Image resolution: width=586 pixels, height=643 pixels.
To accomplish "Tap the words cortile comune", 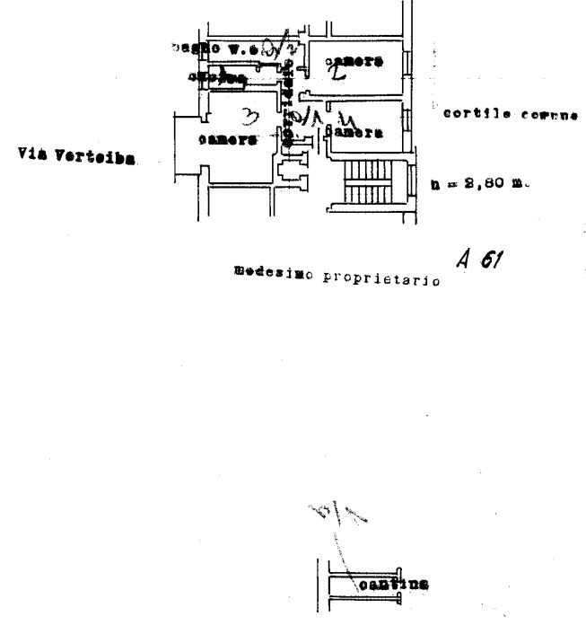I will click(x=509, y=115).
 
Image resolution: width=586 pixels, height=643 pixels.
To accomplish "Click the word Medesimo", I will click(x=265, y=271).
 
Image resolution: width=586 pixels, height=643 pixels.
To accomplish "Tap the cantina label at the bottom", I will click(x=393, y=586).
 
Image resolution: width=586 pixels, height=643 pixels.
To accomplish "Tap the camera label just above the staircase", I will click(x=355, y=133).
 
